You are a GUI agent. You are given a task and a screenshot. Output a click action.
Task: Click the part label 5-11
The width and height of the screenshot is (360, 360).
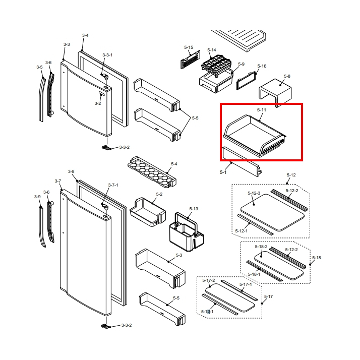[261, 109]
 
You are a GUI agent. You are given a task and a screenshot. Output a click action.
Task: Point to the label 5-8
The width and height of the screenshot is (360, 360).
[287, 76]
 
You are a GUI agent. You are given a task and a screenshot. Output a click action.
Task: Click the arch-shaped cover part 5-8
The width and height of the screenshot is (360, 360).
[275, 91]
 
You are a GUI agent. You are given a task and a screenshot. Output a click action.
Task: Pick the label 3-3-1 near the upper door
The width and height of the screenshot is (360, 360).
[107, 54]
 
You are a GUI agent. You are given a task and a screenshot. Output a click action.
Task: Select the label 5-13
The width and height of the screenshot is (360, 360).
[194, 208]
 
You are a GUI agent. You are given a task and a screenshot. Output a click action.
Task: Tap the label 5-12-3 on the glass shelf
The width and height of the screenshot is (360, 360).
[254, 193]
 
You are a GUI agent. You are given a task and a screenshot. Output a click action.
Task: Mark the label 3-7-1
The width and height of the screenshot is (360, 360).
[113, 185]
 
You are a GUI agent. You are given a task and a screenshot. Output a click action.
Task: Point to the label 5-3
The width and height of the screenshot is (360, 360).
[178, 256]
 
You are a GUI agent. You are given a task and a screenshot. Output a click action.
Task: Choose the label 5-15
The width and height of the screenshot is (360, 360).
[189, 47]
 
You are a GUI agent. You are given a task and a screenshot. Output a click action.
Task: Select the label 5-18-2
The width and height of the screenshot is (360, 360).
[261, 247]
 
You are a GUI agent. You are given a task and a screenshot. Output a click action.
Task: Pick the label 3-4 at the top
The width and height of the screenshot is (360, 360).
[85, 35]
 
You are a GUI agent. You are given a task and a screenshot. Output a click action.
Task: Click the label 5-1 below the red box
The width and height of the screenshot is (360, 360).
[223, 172]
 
